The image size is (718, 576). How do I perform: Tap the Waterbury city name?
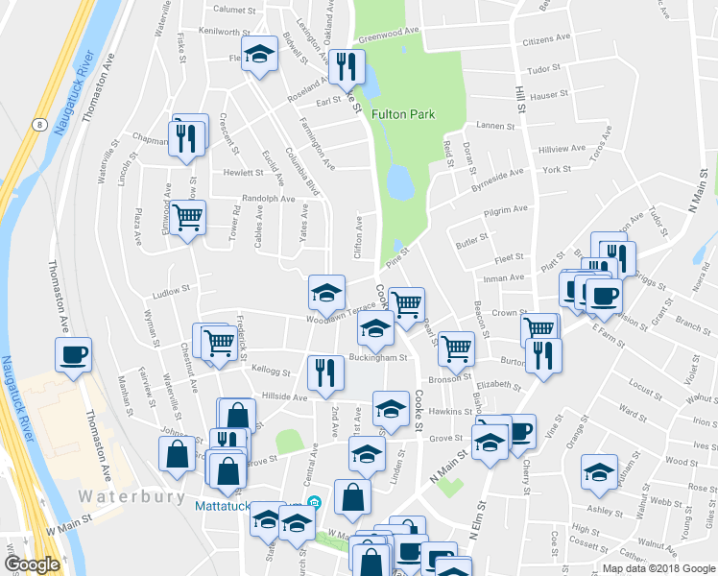click(x=126, y=497)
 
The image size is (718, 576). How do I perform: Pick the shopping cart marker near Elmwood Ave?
click(x=188, y=217)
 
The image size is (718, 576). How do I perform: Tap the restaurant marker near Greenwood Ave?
click(x=346, y=64)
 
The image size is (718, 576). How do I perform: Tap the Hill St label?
click(x=521, y=97)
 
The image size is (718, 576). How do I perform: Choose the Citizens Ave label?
click(x=546, y=41)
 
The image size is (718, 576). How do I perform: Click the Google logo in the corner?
click(x=32, y=564)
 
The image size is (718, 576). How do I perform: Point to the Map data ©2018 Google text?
click(x=658, y=568)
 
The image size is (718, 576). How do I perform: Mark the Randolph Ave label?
click(x=268, y=199)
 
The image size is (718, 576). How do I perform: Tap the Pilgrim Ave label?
click(x=506, y=209)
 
